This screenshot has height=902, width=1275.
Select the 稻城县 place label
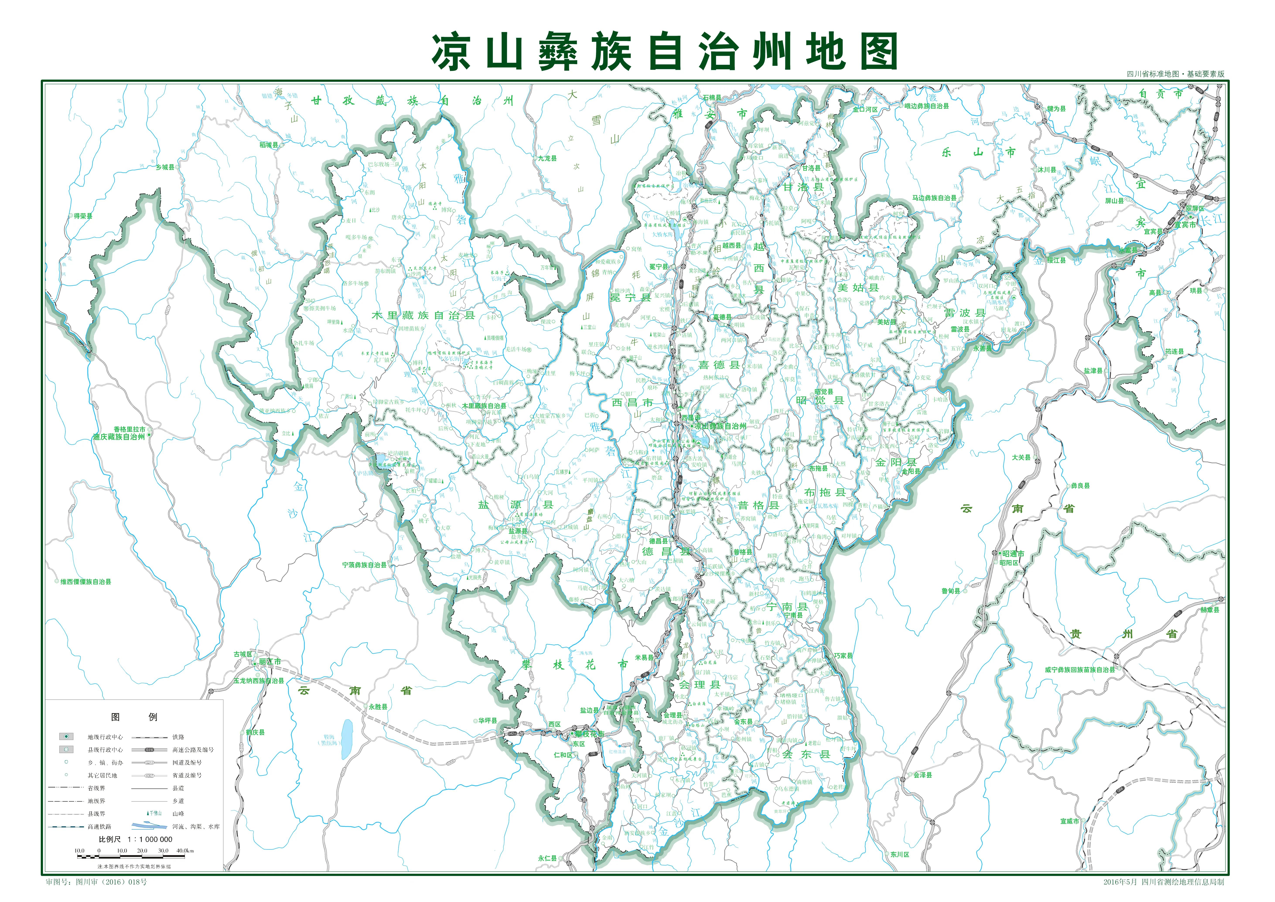click(269, 145)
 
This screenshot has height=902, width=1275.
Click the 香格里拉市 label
click(129, 429)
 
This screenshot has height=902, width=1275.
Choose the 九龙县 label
click(547, 158)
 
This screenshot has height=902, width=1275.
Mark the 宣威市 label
click(1070, 821)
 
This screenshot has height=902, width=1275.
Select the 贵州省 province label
click(1123, 634)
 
